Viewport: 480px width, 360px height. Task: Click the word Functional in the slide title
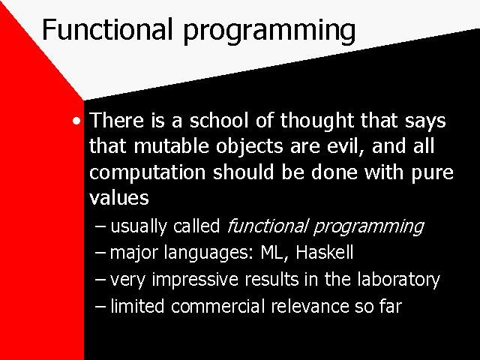coord(106,29)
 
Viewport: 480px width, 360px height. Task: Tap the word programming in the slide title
coord(269,32)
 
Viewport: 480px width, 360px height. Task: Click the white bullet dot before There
coord(76,121)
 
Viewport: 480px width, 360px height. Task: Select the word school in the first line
coord(218,120)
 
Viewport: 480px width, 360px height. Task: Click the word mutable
coord(172,145)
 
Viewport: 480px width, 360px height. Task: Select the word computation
coord(147,173)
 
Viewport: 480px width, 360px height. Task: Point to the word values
coord(119,198)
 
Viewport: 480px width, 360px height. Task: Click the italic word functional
coord(267,226)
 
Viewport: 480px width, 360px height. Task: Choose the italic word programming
coord(369,227)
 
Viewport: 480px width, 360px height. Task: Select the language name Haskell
coord(325,252)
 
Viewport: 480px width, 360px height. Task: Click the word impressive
coord(195,280)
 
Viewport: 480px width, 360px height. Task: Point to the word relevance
coord(310,306)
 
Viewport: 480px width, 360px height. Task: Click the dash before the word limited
coord(100,307)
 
